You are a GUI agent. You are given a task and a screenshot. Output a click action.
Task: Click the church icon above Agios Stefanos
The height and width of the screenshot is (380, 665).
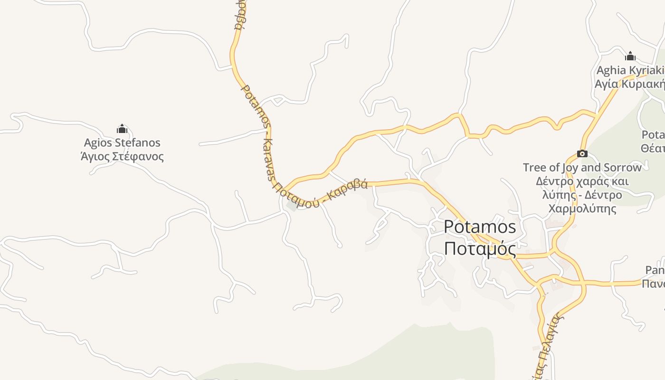122,129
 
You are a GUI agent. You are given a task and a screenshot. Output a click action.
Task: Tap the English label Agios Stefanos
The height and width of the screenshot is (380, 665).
122,142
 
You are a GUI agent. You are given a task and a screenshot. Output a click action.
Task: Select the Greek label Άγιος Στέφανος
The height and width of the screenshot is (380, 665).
122,156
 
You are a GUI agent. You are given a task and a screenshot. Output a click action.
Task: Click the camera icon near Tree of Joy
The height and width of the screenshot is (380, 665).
582,153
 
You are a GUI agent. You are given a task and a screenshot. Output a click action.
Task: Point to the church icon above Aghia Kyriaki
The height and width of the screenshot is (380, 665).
630,56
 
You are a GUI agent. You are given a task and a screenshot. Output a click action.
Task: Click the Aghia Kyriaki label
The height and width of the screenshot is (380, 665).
630,70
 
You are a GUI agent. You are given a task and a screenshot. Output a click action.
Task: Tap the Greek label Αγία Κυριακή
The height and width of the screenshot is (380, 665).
630,84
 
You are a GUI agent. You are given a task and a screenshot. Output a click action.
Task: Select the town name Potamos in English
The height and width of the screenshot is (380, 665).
480,227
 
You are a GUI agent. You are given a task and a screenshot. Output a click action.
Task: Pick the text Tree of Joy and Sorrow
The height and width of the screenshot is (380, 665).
582,167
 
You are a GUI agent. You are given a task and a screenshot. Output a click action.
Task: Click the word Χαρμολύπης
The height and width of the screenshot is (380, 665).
582,209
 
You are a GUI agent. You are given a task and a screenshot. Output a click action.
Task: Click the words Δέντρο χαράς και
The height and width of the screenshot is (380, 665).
582,181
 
